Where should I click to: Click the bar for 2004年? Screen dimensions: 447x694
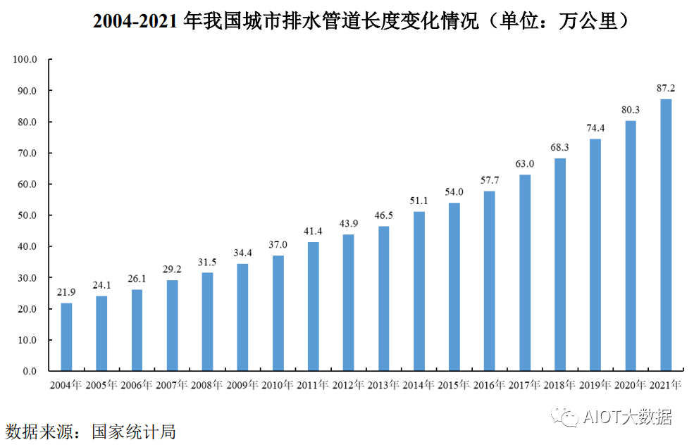(x=66, y=336)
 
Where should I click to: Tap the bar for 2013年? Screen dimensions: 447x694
(x=383, y=298)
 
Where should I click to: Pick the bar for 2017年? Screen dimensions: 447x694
(x=524, y=272)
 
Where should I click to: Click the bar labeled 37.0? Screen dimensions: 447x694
(x=278, y=313)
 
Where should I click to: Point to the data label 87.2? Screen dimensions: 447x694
(x=666, y=88)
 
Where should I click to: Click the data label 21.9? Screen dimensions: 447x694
(x=66, y=292)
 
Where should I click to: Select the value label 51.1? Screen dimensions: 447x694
(x=419, y=201)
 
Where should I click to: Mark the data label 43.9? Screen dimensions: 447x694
(x=348, y=223)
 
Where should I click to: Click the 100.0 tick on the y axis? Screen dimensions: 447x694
(x=25, y=60)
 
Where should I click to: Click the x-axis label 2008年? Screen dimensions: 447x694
(x=207, y=385)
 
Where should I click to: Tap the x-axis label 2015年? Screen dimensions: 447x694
(x=454, y=385)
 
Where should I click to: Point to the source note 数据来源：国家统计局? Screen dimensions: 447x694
(x=90, y=431)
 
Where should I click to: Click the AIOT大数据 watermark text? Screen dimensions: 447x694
(x=627, y=417)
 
